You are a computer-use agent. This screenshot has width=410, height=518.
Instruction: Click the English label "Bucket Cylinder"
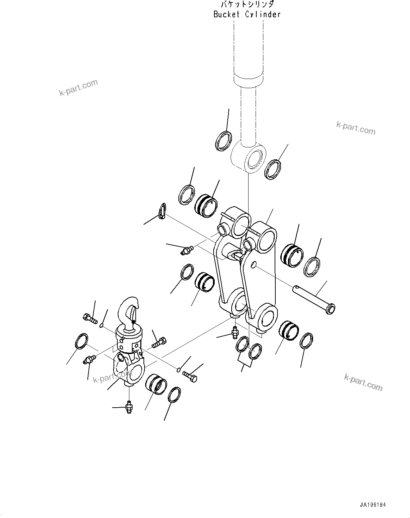(x=247, y=14)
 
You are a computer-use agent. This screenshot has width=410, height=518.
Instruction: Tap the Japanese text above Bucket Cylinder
(x=247, y=5)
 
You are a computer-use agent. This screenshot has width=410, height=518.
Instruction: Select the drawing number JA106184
(x=373, y=505)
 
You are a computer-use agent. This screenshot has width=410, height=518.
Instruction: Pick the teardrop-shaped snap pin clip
(x=162, y=211)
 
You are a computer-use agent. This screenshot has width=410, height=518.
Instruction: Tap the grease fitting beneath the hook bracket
(x=129, y=407)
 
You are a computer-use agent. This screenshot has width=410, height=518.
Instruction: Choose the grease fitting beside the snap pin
(x=185, y=251)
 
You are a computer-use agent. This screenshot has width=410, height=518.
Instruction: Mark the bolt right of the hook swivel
(x=159, y=342)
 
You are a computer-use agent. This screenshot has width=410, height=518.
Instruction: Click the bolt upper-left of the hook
(x=90, y=318)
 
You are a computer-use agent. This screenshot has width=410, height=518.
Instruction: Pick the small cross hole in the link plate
(x=254, y=264)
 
